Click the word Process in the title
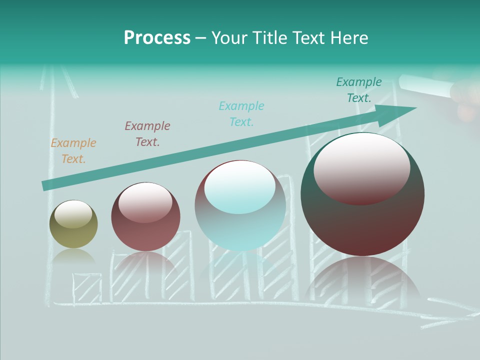pos(157,38)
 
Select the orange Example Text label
pos(73,151)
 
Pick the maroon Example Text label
pos(147,134)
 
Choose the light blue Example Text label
pos(241,113)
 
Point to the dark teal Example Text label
pos(359,90)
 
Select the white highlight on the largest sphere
pos(361,167)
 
